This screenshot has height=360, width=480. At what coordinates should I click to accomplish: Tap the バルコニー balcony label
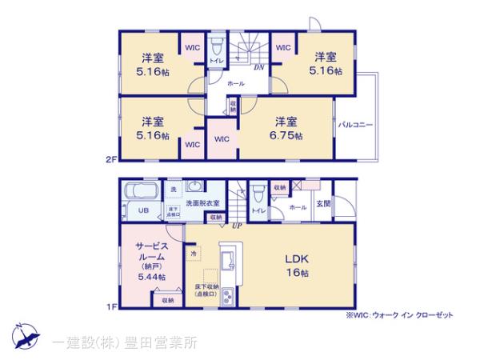point(353,126)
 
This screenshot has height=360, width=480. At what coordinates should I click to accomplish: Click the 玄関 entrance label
point(323,204)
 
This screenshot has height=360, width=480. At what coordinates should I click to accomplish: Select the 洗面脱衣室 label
point(202,203)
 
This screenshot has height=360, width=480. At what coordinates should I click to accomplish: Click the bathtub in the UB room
point(140,193)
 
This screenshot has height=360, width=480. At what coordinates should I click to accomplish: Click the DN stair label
point(259,68)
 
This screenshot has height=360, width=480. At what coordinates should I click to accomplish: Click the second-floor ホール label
point(236,82)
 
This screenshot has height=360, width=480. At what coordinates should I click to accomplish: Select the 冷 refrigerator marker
point(194,254)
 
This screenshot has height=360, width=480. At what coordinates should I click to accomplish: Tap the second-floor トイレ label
point(216,61)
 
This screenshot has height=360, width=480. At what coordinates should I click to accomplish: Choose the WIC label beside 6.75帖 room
point(222,138)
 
